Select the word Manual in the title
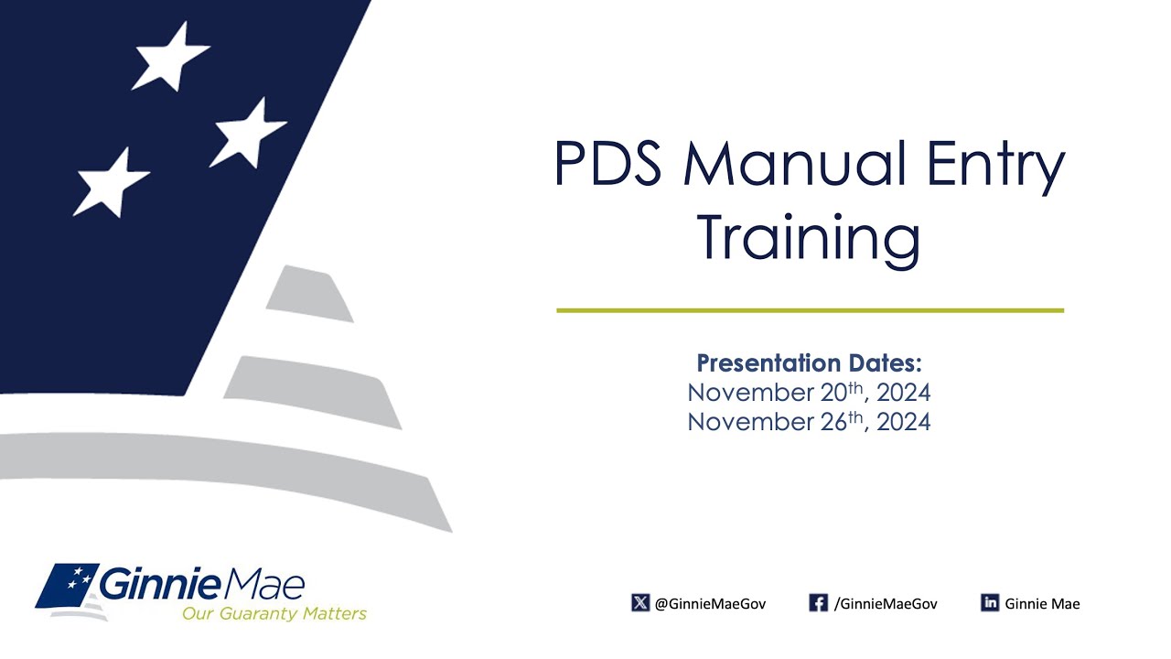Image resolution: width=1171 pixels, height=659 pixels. point(786,165)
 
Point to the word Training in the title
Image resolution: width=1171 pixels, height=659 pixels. point(809,236)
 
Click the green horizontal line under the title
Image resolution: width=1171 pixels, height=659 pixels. point(810,310)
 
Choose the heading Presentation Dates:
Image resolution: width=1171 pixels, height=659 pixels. point(809,363)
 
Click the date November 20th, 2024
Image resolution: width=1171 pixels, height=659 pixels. point(809,394)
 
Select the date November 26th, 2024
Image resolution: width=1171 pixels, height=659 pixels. point(809,422)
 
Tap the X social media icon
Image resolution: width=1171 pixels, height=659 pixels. point(640,603)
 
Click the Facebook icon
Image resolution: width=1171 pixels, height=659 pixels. point(818,603)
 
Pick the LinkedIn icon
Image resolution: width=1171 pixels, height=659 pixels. point(990,603)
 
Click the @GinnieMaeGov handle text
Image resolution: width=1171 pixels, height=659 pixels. point(711,604)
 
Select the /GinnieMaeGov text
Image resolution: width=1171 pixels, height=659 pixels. point(886,604)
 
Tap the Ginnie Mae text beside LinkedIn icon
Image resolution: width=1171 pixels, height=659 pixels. point(1042,604)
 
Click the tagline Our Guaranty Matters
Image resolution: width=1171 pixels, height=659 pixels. point(274,613)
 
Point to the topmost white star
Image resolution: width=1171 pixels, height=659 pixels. point(170,57)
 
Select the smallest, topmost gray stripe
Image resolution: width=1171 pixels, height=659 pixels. point(310,294)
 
